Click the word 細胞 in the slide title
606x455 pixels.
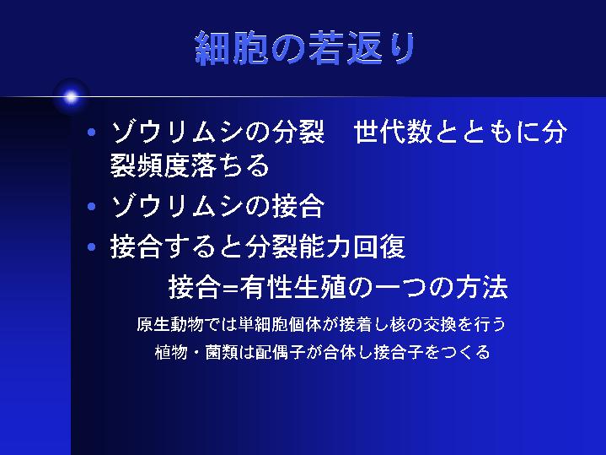231,48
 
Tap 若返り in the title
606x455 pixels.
362,48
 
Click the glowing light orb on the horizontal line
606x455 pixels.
71,96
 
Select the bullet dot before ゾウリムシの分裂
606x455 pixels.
92,133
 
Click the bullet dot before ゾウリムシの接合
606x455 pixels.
92,206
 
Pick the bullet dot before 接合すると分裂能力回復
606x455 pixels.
92,246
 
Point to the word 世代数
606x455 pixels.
392,132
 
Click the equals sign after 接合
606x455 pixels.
231,288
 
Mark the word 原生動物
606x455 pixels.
170,324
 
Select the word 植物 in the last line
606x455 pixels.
171,352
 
